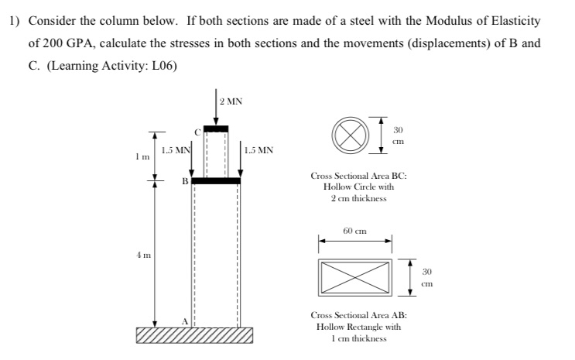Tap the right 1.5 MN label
click(258, 150)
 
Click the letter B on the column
click(186, 181)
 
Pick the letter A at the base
click(185, 321)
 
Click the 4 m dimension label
click(140, 252)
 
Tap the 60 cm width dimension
click(354, 231)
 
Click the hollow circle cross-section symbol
click(347, 133)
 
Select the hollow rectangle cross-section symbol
click(355, 276)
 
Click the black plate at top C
click(216, 129)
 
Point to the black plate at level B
click(216, 180)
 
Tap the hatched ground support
click(194, 334)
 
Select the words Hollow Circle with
click(354, 187)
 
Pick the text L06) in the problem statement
click(163, 65)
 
